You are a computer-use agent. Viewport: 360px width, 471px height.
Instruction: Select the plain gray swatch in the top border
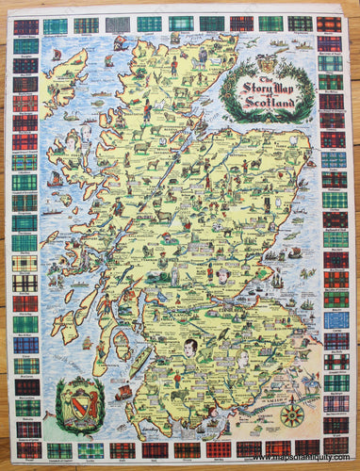pyautogui.click(x=117, y=24)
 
